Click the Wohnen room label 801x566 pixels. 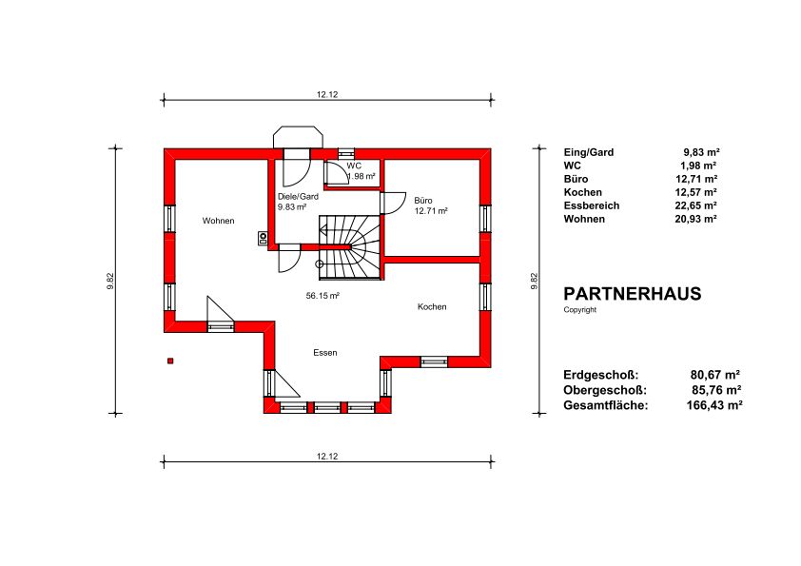pyautogui.click(x=218, y=221)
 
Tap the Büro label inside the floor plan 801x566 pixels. pyautogui.click(x=423, y=201)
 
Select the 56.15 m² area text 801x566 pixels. pyautogui.click(x=322, y=296)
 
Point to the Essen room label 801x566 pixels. pyautogui.click(x=325, y=353)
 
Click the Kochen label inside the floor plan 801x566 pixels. pyautogui.click(x=432, y=306)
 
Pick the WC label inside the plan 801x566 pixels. pyautogui.click(x=354, y=166)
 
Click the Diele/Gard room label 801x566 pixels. pyautogui.click(x=298, y=197)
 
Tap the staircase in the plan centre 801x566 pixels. pyautogui.click(x=351, y=247)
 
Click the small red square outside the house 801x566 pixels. pyautogui.click(x=170, y=361)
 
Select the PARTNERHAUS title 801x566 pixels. pyautogui.click(x=633, y=294)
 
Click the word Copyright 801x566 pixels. pyautogui.click(x=579, y=309)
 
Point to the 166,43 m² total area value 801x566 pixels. pyautogui.click(x=714, y=405)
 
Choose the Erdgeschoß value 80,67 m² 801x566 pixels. pyautogui.click(x=715, y=375)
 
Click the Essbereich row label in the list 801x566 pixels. pyautogui.click(x=592, y=205)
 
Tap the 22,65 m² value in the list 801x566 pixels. pyautogui.click(x=695, y=205)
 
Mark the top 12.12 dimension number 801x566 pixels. pyautogui.click(x=327, y=94)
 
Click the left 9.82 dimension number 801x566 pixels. pyautogui.click(x=110, y=282)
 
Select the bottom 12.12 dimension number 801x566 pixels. pyautogui.click(x=327, y=457)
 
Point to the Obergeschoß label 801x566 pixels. pyautogui.click(x=605, y=390)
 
